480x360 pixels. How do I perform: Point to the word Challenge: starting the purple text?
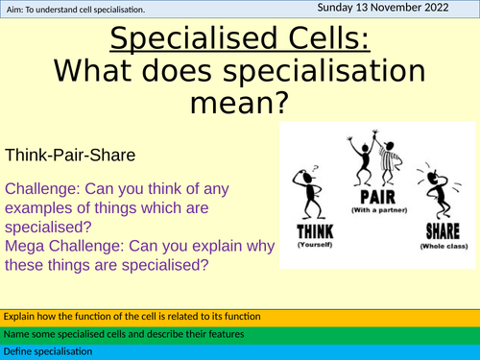[x=40, y=187]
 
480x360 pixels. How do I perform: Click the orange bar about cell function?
[x=240, y=316]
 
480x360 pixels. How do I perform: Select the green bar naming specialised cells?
[x=240, y=334]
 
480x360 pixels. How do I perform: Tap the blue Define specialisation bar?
[x=240, y=351]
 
